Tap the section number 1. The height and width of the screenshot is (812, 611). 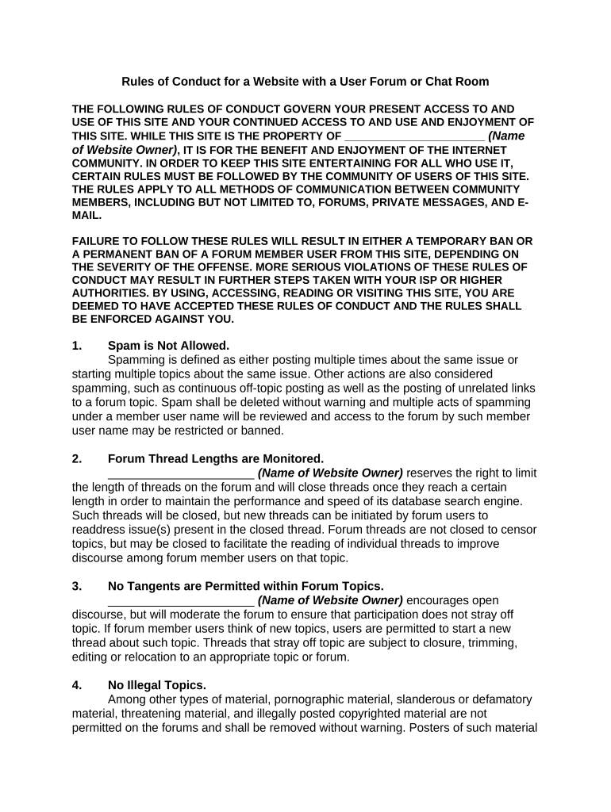click(x=76, y=345)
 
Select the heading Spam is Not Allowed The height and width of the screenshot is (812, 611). click(x=168, y=345)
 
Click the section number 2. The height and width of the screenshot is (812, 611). click(x=76, y=458)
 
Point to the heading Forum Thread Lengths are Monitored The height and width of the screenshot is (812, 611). click(x=216, y=458)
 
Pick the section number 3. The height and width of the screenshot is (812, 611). click(x=76, y=586)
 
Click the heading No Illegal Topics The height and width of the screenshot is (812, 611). click(x=156, y=685)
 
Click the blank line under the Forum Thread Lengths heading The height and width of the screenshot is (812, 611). click(x=180, y=473)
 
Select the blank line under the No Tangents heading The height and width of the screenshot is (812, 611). click(x=180, y=600)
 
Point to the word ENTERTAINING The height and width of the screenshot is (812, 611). click(x=339, y=163)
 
